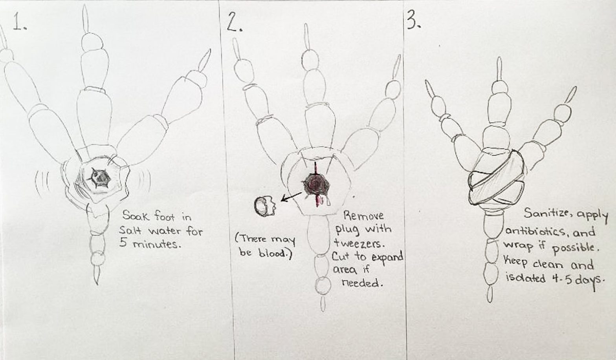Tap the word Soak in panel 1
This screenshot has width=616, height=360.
pyautogui.click(x=135, y=216)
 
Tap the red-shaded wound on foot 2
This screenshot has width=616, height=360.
pyautogui.click(x=316, y=185)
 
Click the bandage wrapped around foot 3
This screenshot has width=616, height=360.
pyautogui.click(x=497, y=179)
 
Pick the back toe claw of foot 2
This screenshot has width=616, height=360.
pyautogui.click(x=323, y=304)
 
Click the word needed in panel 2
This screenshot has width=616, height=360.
pyautogui.click(x=361, y=283)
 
